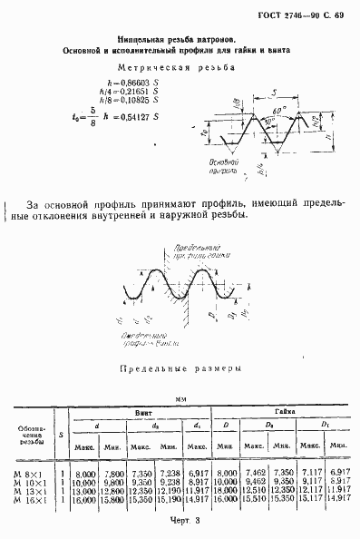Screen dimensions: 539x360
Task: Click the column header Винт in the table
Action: [x=143, y=413]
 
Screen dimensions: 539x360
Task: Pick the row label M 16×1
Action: [x=25, y=498]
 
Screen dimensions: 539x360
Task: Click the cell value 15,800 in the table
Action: [x=112, y=498]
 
